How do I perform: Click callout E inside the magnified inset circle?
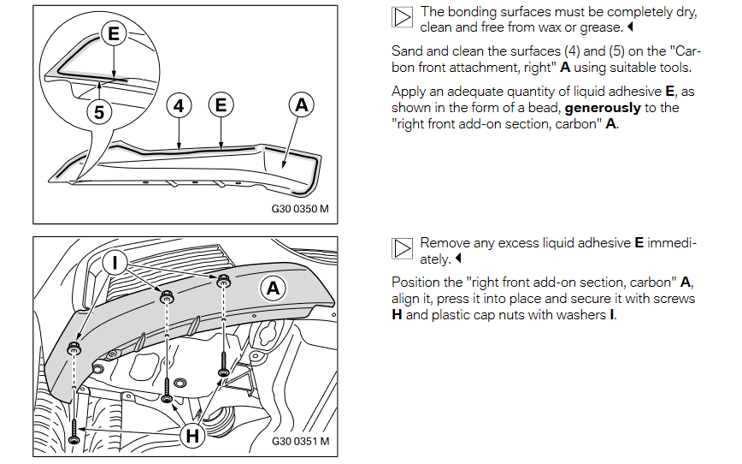tap(113, 34)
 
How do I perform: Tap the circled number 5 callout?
tap(101, 111)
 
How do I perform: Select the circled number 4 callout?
tap(178, 105)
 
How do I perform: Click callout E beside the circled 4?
tap(221, 105)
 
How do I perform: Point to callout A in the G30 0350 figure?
tap(300, 105)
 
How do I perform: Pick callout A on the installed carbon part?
tap(273, 289)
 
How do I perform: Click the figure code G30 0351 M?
tap(300, 442)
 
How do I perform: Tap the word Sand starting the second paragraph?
tap(406, 51)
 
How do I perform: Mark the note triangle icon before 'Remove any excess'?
tap(402, 248)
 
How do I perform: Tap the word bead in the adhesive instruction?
tap(527, 108)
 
